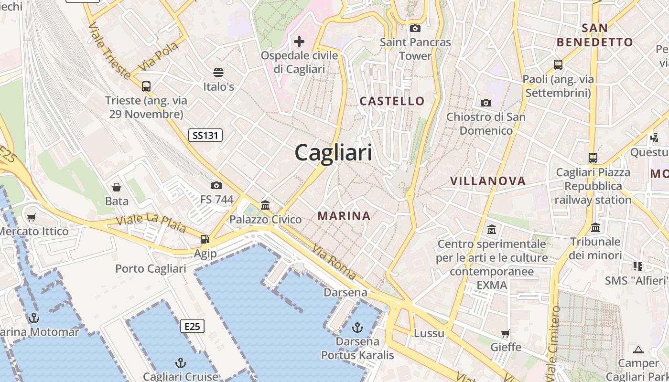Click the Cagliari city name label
point(333,153)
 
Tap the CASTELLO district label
point(392,101)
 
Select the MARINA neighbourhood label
point(344,216)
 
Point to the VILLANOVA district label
point(488,181)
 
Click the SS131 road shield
point(205,135)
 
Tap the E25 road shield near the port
point(192,326)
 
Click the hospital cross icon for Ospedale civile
point(299,42)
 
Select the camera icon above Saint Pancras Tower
point(415,28)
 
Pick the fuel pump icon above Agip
point(205,239)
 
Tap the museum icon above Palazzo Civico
point(265,205)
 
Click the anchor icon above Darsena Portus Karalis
point(357,328)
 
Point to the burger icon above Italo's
point(218,73)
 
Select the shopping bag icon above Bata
point(117,187)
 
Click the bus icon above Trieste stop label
point(146,86)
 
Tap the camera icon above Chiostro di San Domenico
point(486,103)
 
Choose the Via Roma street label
point(334,262)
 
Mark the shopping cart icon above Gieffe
point(506,333)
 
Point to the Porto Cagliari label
point(151,268)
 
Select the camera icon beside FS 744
point(216,185)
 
